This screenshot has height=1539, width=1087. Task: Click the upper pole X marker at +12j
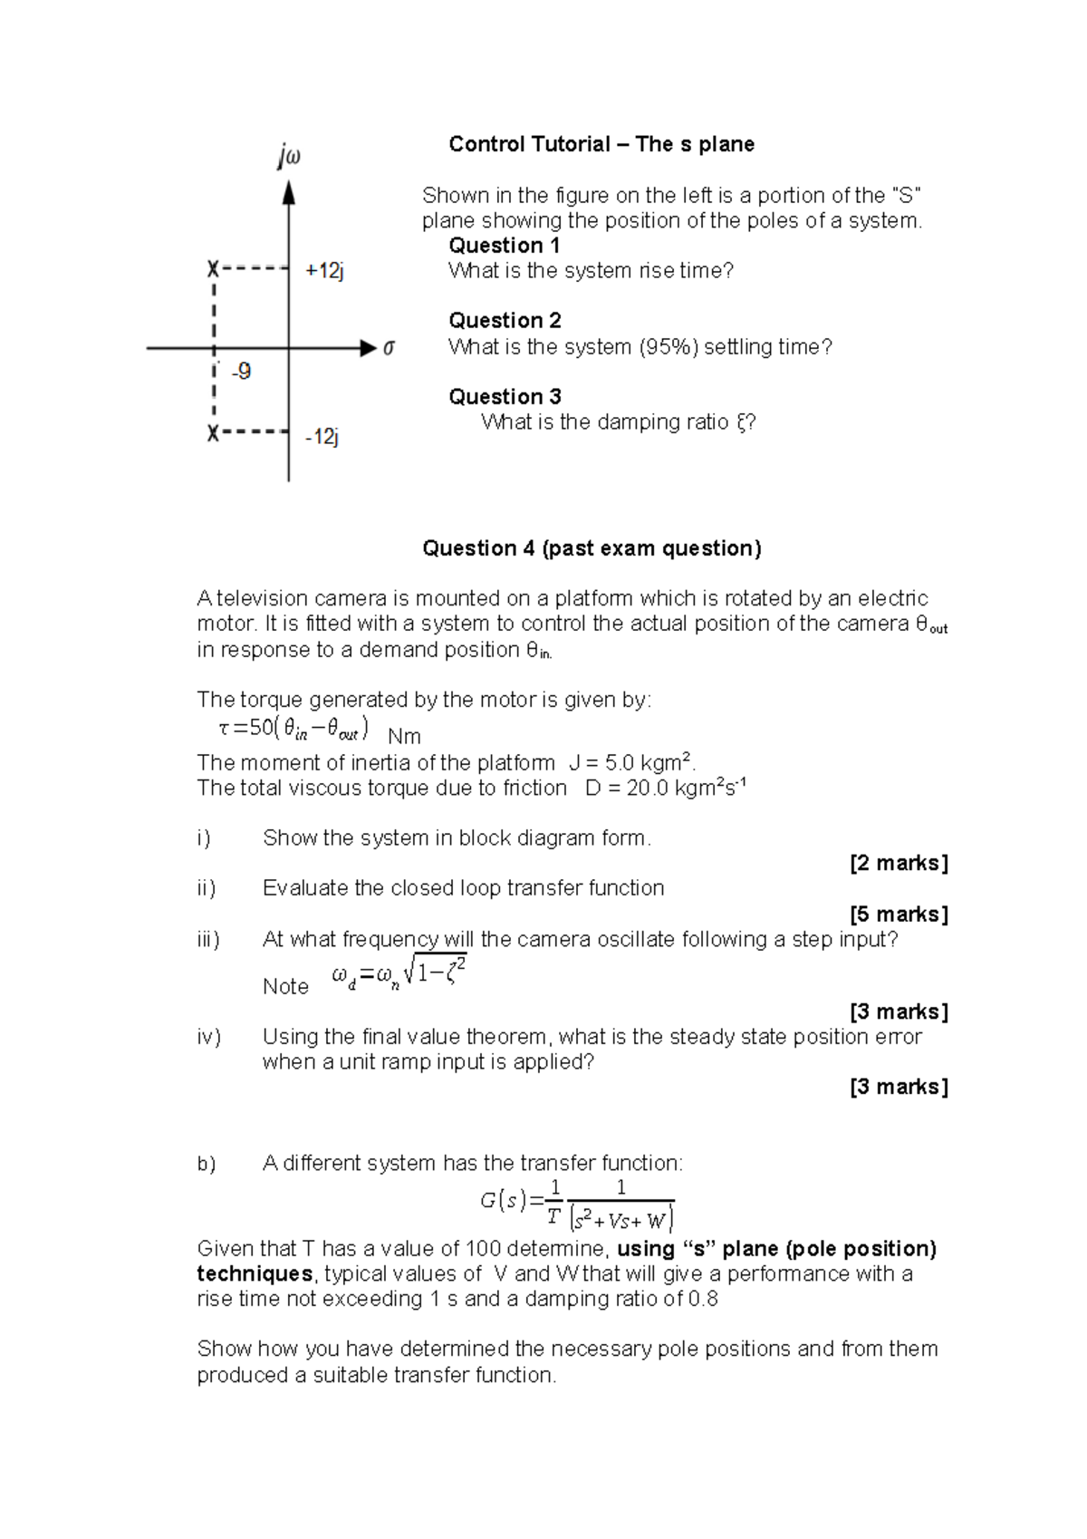(213, 269)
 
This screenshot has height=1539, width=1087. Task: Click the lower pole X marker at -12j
(213, 433)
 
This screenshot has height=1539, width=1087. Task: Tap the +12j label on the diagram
(325, 270)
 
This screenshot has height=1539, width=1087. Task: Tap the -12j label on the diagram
(322, 437)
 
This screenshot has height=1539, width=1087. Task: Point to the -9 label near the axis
(241, 372)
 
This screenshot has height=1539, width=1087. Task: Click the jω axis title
(289, 158)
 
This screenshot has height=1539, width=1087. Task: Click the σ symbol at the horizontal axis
(390, 348)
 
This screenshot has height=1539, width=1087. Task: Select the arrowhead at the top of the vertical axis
(289, 192)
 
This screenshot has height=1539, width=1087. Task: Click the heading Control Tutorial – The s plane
(601, 144)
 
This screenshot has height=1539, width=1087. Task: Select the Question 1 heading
(505, 246)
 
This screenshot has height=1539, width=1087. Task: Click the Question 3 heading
(505, 396)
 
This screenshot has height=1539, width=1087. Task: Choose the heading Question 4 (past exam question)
(592, 548)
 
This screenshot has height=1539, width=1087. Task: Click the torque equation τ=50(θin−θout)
(293, 728)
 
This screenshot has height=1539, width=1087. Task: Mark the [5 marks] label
(899, 914)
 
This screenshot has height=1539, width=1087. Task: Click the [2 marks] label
(899, 863)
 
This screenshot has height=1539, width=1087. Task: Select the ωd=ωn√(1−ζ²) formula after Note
(399, 976)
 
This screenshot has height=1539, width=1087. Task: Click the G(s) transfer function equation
(577, 1204)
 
